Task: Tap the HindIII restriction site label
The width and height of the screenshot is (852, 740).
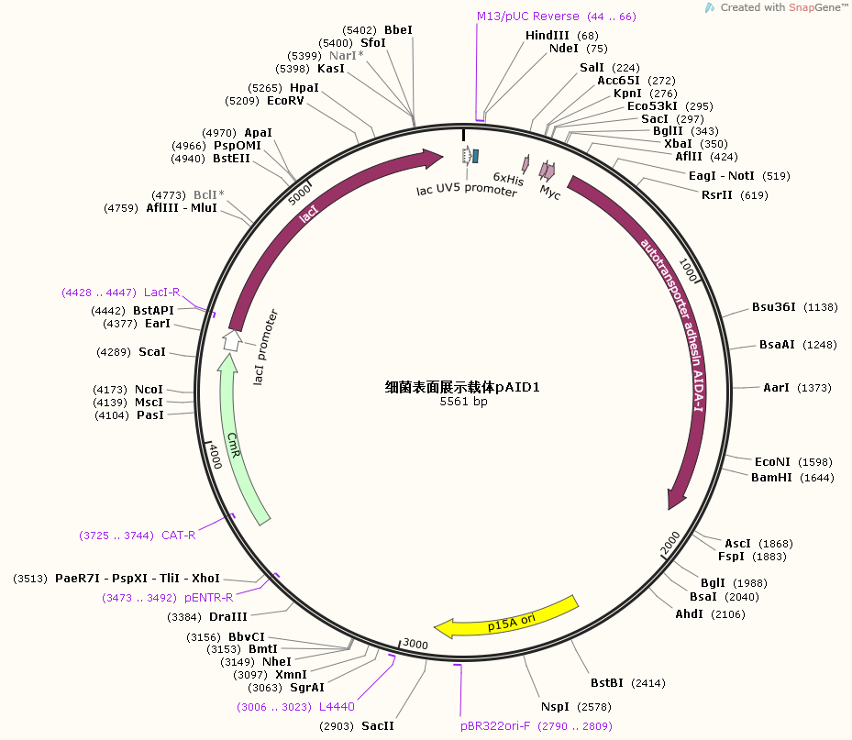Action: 548,35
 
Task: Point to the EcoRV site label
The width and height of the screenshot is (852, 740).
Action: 285,100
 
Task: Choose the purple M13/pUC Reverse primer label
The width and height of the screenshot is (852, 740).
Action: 528,17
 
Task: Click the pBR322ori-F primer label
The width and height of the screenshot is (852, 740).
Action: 495,725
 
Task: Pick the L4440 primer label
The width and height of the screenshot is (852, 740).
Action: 337,706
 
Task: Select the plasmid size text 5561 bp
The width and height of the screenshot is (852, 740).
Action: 463,402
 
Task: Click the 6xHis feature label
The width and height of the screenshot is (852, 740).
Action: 509,180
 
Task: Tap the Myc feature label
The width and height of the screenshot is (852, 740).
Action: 550,193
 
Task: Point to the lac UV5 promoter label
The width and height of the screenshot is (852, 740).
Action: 467,191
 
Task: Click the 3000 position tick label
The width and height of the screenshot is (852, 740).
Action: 415,645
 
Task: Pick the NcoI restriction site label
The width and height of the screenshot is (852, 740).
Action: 149,389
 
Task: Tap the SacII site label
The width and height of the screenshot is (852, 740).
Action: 377,725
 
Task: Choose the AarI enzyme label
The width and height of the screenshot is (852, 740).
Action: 776,388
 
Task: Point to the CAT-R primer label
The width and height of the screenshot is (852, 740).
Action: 179,535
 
